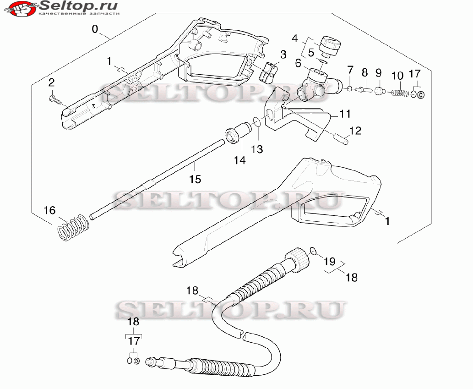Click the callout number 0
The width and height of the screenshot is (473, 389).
click(x=95, y=29)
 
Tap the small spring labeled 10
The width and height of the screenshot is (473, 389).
click(x=401, y=93)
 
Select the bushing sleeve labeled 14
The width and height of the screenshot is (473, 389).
click(x=236, y=136)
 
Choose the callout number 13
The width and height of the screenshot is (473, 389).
click(x=257, y=149)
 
